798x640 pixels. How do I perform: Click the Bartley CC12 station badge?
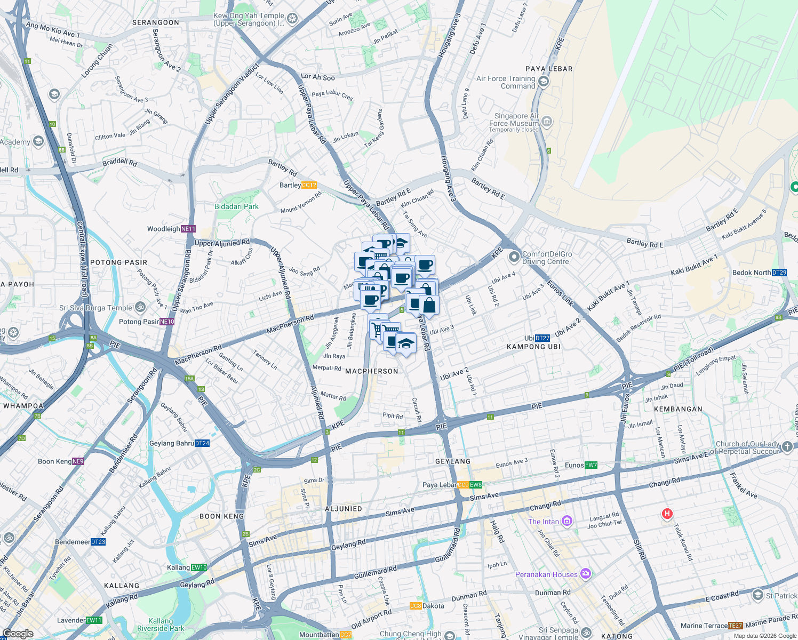pyautogui.click(x=309, y=185)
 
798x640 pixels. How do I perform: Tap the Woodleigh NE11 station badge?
pyautogui.click(x=188, y=229)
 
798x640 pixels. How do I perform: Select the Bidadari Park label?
pyautogui.click(x=236, y=206)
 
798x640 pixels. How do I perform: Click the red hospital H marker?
pyautogui.click(x=667, y=514)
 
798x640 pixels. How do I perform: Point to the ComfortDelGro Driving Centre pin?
pyautogui.click(x=514, y=258)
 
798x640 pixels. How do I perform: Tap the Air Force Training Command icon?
pyautogui.click(x=544, y=82)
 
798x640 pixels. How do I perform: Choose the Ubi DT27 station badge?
pyautogui.click(x=542, y=338)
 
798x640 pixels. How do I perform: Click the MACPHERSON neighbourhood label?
pyautogui.click(x=372, y=371)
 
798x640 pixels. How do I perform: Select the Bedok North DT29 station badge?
pyautogui.click(x=779, y=273)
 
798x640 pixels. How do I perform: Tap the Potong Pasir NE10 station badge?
pyautogui.click(x=167, y=322)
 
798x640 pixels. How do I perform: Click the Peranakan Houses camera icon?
pyautogui.click(x=586, y=574)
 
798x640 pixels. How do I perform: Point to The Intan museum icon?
pyautogui.click(x=567, y=521)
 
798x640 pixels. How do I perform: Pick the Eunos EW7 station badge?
pyautogui.click(x=591, y=465)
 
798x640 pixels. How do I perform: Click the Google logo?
pyautogui.click(x=18, y=634)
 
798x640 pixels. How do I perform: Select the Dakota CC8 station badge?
pyautogui.click(x=416, y=606)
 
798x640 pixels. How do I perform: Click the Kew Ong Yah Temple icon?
pyautogui.click(x=292, y=19)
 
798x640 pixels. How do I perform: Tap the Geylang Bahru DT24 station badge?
pyautogui.click(x=202, y=443)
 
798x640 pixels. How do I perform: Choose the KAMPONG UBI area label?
pyautogui.click(x=533, y=347)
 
